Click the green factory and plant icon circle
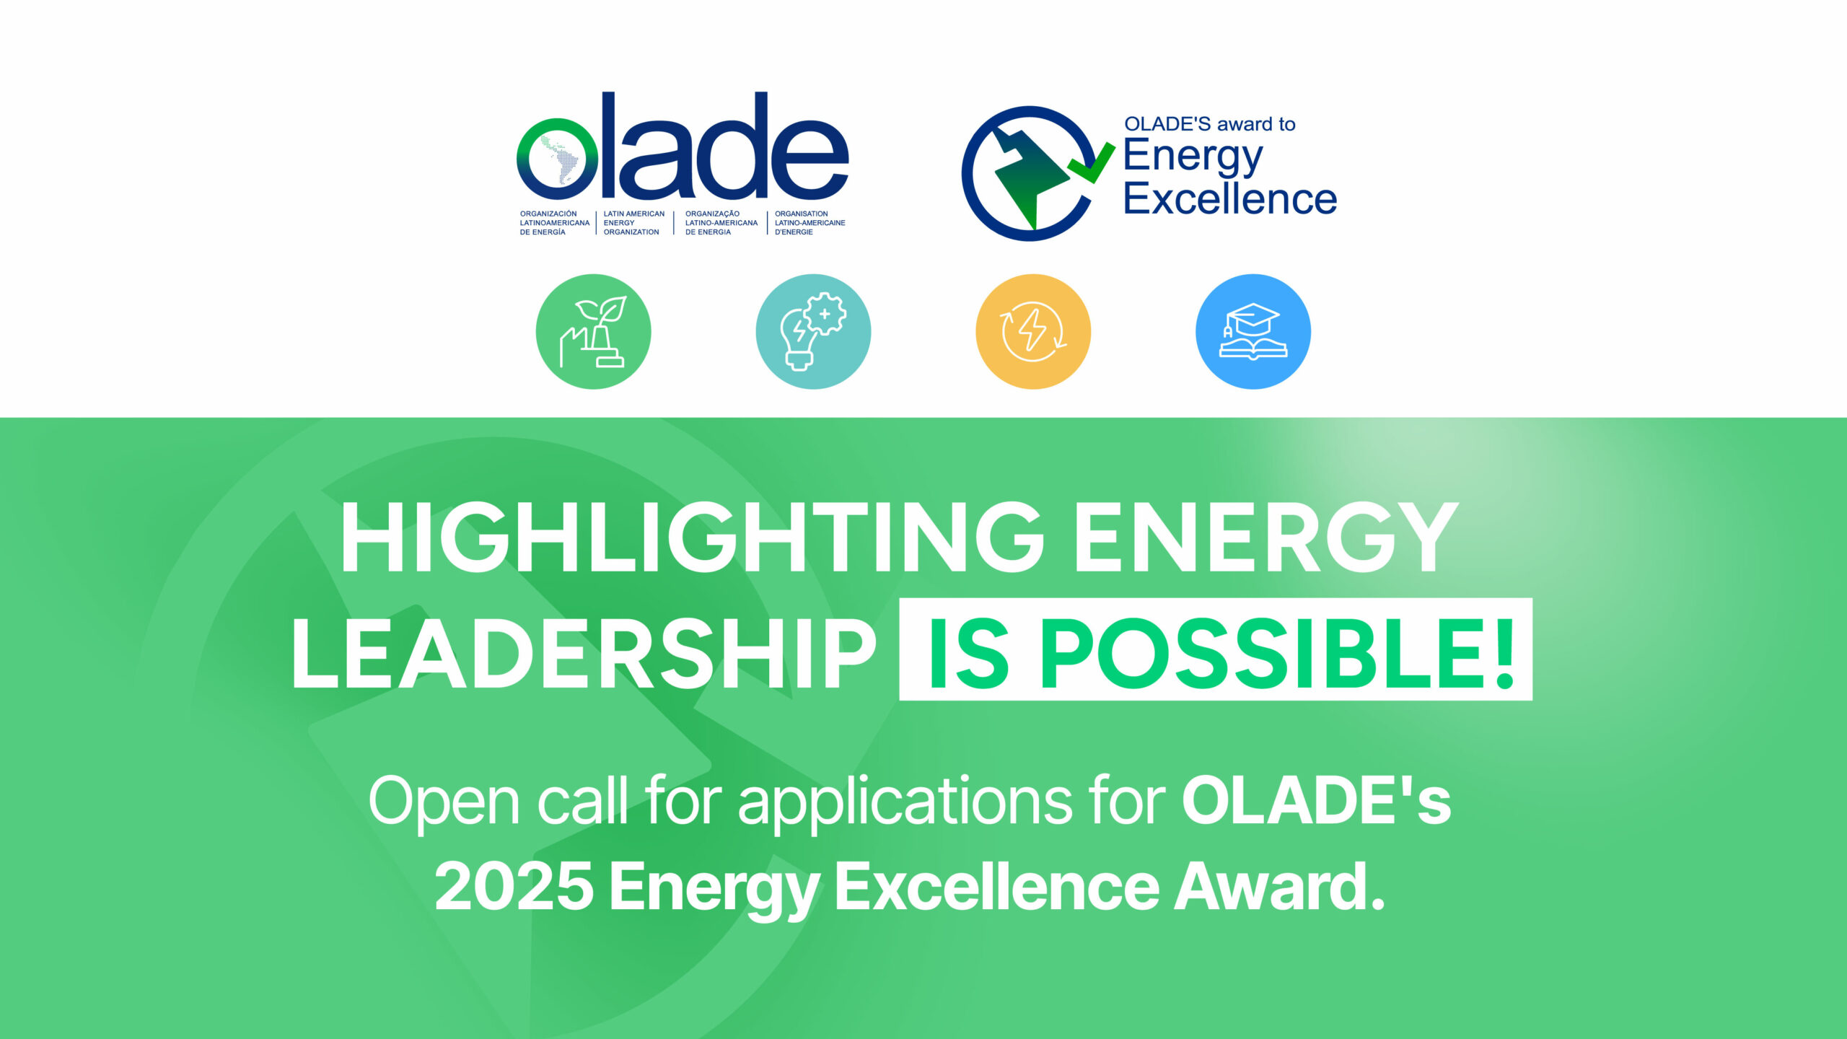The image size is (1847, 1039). [593, 331]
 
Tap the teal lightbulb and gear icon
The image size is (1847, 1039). [813, 331]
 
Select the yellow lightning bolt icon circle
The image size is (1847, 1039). [1033, 331]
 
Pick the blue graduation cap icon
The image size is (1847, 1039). [1253, 331]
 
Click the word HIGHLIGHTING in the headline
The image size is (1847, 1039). [693, 538]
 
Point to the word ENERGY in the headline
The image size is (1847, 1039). [1267, 538]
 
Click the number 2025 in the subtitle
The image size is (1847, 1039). [514, 886]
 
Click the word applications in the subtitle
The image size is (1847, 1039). [905, 804]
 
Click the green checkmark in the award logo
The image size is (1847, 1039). [1090, 163]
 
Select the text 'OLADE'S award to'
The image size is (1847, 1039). [1210, 124]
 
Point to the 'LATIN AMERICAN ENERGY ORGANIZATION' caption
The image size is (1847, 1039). [634, 223]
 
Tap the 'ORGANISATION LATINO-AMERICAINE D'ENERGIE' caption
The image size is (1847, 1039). [810, 223]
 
